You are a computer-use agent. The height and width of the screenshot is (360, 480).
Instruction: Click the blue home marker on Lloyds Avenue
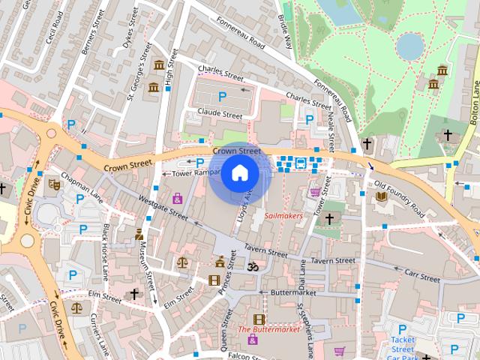239,173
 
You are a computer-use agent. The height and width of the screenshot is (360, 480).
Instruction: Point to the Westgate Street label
163,207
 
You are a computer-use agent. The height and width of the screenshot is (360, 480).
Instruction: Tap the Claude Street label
219,115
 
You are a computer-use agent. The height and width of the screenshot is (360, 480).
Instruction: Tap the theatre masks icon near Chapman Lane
54,183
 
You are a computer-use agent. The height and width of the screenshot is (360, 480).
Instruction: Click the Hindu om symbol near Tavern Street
253,266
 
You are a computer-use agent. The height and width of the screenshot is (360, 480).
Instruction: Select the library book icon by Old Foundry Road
381,196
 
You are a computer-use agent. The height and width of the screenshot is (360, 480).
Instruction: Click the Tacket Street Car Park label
403,343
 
